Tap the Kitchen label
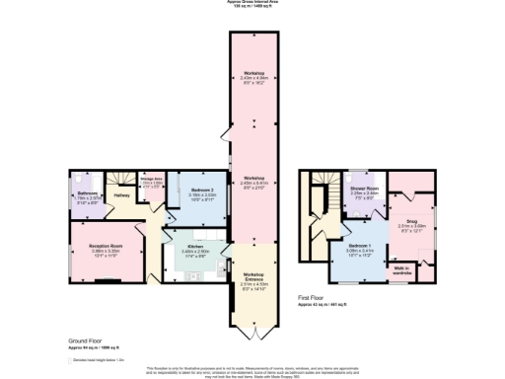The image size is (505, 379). pyautogui.click(x=194, y=249)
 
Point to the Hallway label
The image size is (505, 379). pyautogui.click(x=122, y=195)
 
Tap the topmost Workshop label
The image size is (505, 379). pyautogui.click(x=254, y=75)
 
